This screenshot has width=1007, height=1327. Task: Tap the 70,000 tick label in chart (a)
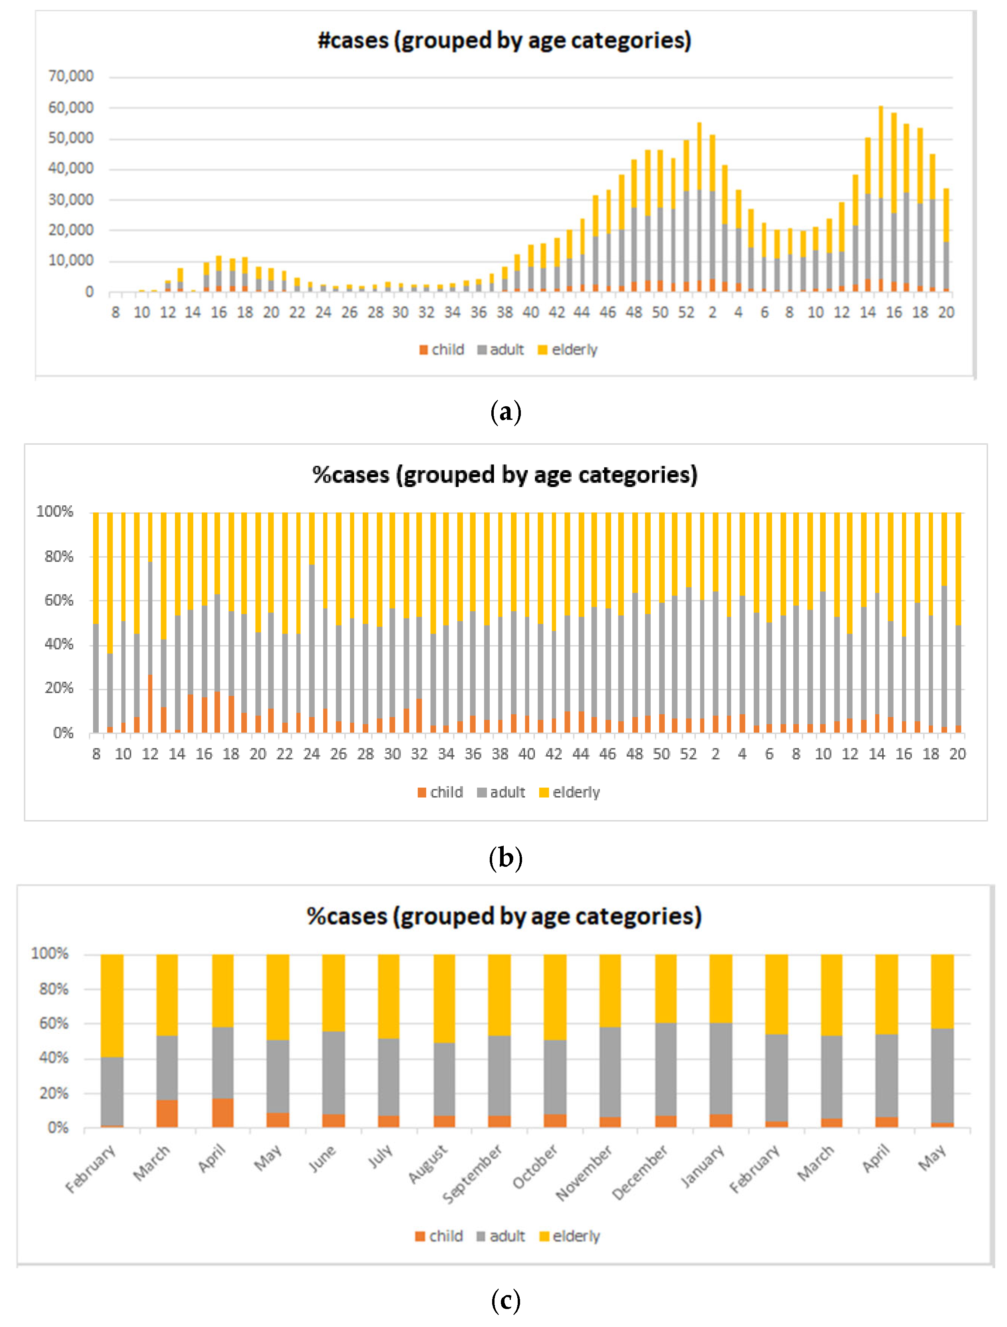point(71,76)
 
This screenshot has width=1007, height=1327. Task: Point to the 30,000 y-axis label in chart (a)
point(71,200)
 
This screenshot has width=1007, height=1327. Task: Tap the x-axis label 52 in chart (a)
point(686,312)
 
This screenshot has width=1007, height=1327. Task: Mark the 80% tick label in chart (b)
point(59,557)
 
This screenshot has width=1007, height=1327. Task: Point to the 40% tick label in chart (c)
point(54,1058)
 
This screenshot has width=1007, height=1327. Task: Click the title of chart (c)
point(504,917)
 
